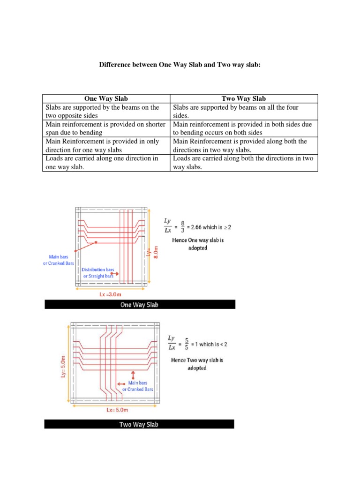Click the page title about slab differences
[x=180, y=65]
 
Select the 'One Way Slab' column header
[x=106, y=98]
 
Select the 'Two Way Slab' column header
[x=244, y=98]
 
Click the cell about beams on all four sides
[x=243, y=112]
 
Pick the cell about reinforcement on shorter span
[x=106, y=128]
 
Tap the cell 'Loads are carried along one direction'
[x=106, y=162]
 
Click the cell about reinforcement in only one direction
[x=106, y=145]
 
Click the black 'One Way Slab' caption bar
[x=140, y=305]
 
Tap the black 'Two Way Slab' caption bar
[x=139, y=424]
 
